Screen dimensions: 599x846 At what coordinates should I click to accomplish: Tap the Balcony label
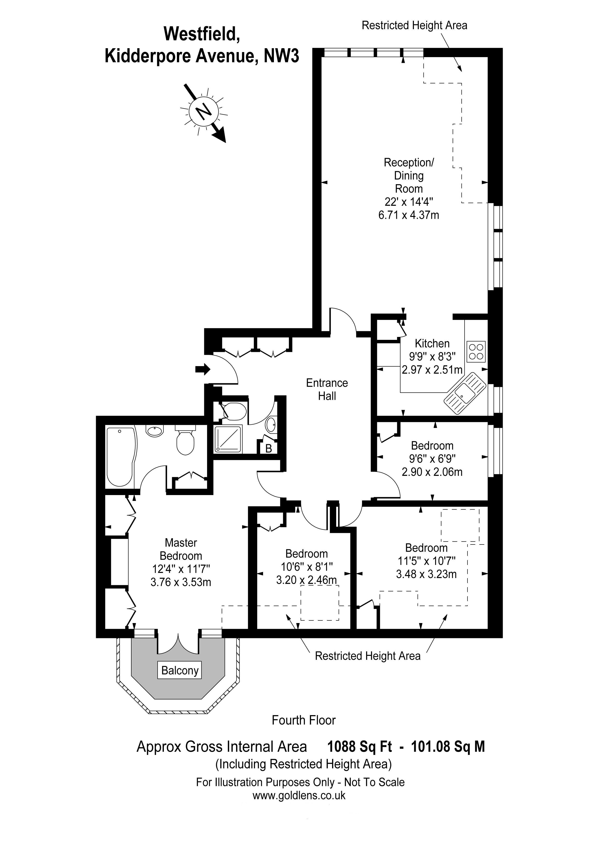[180, 670]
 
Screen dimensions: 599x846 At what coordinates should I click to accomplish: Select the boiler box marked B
[269, 448]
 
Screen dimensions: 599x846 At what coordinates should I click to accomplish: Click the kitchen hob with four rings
[476, 351]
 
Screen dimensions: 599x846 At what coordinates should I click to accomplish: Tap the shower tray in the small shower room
[228, 440]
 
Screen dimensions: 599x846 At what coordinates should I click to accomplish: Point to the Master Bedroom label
[181, 549]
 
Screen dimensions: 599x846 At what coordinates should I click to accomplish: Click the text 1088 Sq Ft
[360, 747]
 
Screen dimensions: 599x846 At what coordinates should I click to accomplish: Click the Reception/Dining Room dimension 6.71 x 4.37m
[409, 215]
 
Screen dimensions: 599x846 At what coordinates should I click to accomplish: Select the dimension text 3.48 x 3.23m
[426, 574]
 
